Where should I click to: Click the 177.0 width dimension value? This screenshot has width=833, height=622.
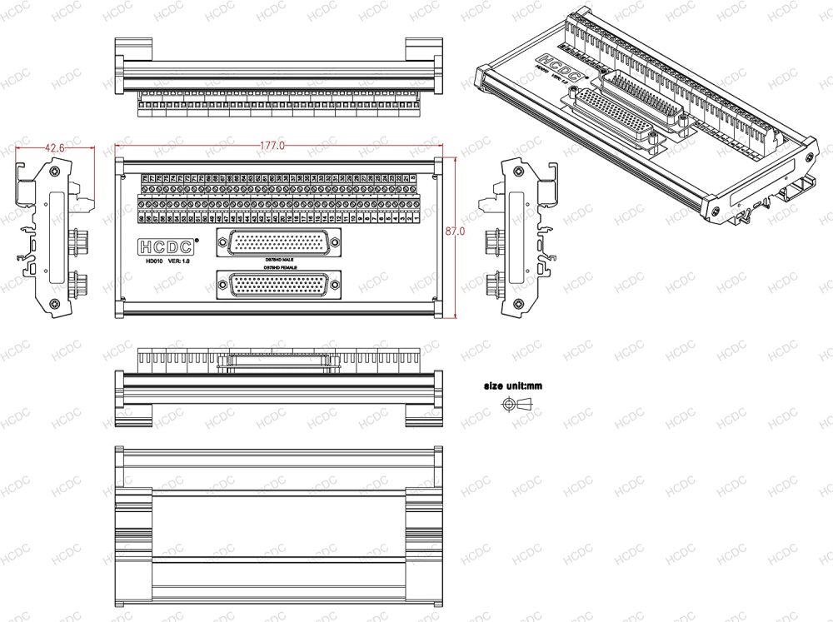click(272, 145)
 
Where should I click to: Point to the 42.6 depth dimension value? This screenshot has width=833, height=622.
click(54, 147)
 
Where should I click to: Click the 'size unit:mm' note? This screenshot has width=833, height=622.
click(512, 386)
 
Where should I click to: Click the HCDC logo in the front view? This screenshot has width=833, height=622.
click(166, 246)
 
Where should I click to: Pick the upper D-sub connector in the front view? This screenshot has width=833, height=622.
click(277, 242)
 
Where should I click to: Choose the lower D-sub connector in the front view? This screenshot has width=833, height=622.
click(277, 285)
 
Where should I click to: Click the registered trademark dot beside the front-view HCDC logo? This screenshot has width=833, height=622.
click(197, 240)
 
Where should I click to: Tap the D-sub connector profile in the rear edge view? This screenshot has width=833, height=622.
click(277, 361)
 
